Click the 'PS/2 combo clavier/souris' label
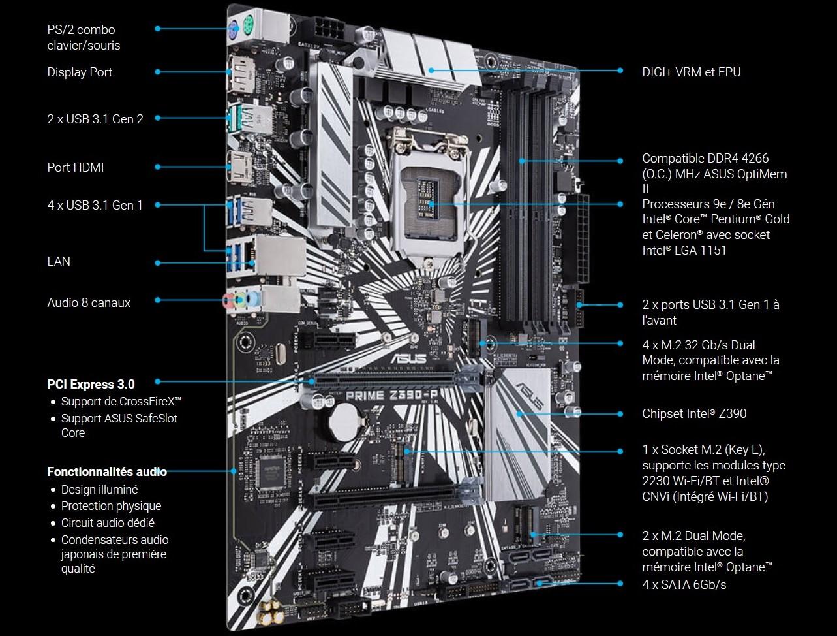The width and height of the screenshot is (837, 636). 84,37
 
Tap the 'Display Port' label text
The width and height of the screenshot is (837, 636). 80,72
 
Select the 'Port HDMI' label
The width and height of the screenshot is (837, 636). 76,167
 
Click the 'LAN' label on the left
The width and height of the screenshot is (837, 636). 59,261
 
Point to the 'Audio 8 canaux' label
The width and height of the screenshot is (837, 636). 89,302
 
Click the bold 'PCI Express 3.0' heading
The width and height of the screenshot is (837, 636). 91,383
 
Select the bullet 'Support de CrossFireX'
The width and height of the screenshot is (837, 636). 121,401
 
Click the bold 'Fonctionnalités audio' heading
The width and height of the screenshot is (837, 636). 107,471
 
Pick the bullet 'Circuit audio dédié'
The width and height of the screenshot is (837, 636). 108,522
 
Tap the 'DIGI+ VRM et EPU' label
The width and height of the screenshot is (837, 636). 692,72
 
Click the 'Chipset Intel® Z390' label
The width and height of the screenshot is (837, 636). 694,413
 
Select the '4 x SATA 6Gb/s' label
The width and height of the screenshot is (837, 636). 684,584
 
